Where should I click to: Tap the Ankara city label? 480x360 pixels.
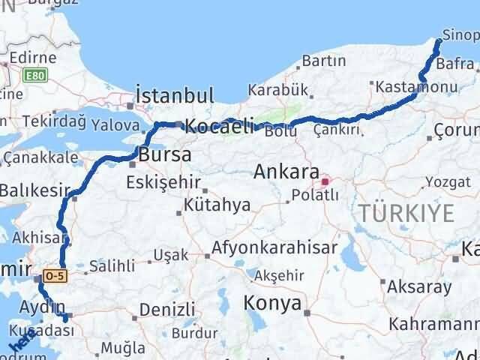tap(286, 172)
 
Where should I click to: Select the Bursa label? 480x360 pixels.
tap(164, 155)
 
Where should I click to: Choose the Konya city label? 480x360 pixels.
tap(273, 304)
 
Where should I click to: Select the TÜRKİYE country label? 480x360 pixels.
tap(406, 214)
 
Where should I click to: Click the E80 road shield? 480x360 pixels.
tap(34, 76)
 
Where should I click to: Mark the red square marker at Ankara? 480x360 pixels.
tap(325, 181)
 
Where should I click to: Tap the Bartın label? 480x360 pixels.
tap(323, 60)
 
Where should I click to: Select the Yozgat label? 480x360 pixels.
tap(449, 181)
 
